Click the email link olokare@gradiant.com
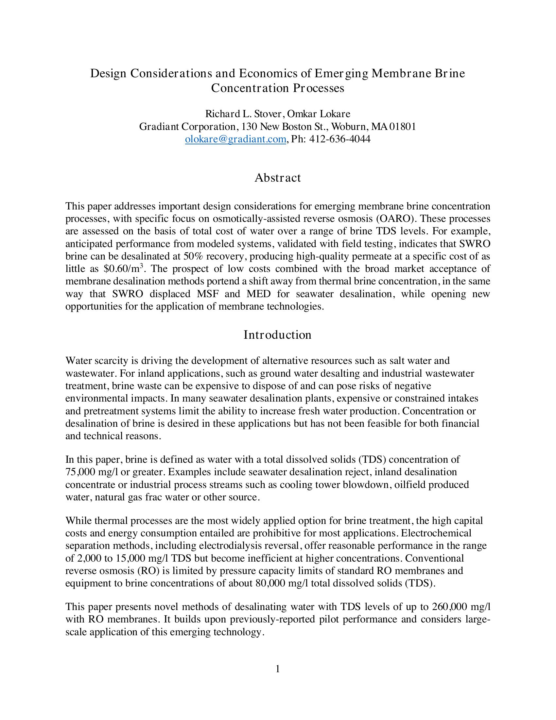pyautogui.click(x=235, y=139)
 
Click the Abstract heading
pyautogui.click(x=278, y=178)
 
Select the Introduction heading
pyautogui.click(x=277, y=335)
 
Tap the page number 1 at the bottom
pyautogui.click(x=278, y=669)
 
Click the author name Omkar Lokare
pyautogui.click(x=319, y=114)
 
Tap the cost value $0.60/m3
pyautogui.click(x=123, y=269)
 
